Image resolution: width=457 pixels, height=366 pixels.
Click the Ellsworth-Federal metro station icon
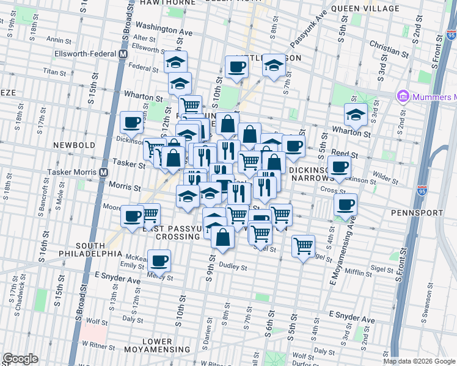pos(123,54)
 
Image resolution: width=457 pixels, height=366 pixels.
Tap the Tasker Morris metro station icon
pos(105,173)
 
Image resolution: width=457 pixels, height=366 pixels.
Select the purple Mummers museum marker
pos(402,96)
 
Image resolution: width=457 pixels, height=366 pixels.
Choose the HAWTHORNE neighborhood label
pos(167,3)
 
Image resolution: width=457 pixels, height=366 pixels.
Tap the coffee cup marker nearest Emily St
pos(160,260)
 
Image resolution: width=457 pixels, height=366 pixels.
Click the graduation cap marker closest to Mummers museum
pos(356,113)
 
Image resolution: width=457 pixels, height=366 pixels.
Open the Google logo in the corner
pos(20,359)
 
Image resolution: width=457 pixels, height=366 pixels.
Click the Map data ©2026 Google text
pos(419,361)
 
